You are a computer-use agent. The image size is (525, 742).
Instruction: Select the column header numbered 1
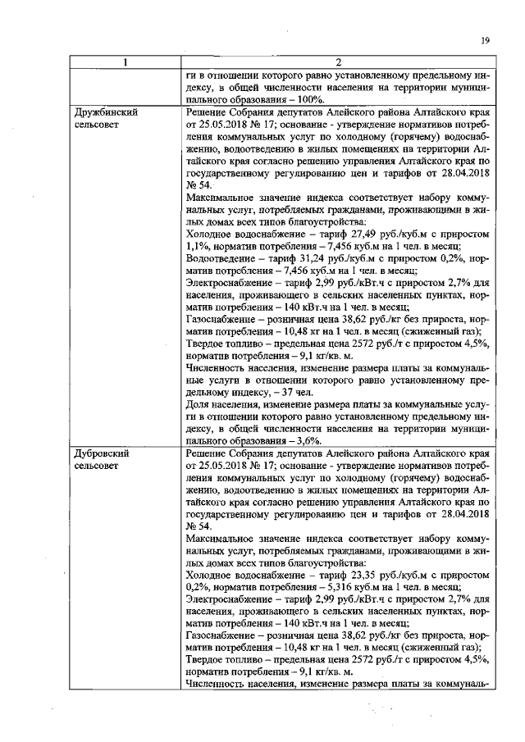[x=126, y=63]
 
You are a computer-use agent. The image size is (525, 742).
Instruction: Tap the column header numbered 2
[x=337, y=63]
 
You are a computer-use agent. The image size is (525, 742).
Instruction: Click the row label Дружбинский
[x=105, y=112]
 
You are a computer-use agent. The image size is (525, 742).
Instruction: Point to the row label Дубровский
[x=103, y=453]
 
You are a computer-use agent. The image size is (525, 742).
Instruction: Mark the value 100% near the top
[x=313, y=99]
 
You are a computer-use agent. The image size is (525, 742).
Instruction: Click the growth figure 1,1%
[x=197, y=245]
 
